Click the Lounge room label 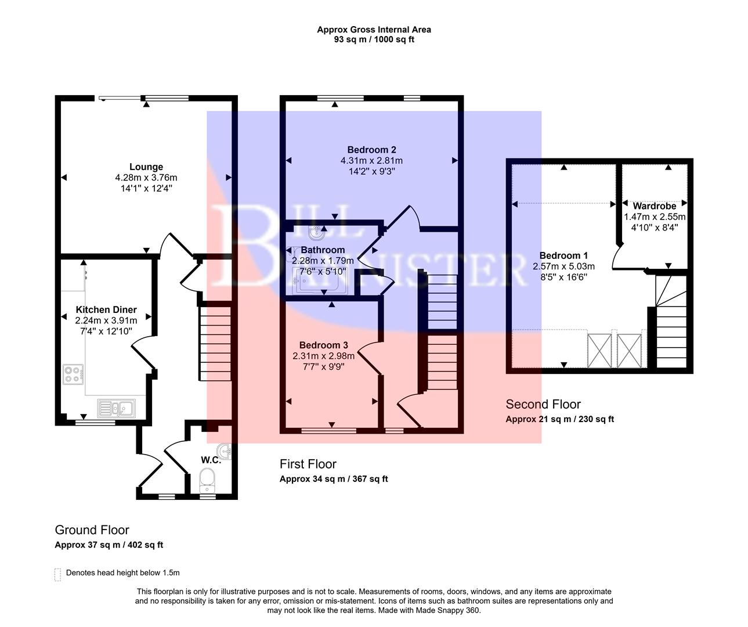(x=146, y=167)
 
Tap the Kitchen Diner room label (x=106, y=310)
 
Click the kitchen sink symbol (x=117, y=409)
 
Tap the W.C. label (x=211, y=460)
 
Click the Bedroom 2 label (x=371, y=150)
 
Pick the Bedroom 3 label (x=323, y=345)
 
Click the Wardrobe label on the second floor (x=654, y=206)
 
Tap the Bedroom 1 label (x=563, y=255)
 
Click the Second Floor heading (x=543, y=404)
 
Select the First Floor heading (x=308, y=464)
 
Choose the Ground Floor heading (x=92, y=529)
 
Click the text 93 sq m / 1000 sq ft (x=374, y=39)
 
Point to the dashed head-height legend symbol (x=57, y=574)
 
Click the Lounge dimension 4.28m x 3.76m (x=146, y=178)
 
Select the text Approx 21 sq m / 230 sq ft (x=559, y=419)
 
